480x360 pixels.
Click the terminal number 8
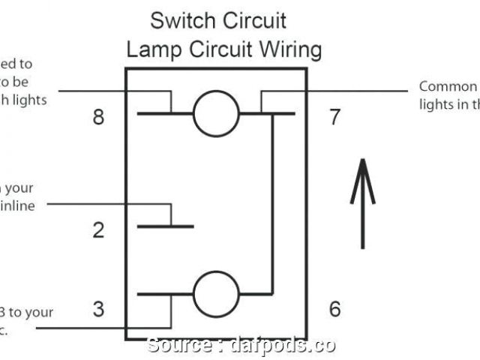98,118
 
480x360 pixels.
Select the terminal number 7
334,117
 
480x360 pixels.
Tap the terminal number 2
98,229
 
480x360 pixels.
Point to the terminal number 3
98,308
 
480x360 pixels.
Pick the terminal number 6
334,308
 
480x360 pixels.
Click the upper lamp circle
216,115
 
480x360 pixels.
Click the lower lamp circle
216,292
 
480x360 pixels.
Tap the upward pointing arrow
363,202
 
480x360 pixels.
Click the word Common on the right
448,87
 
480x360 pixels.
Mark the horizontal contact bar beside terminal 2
165,226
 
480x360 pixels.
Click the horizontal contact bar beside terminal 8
161,115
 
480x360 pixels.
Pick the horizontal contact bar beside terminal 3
161,292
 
